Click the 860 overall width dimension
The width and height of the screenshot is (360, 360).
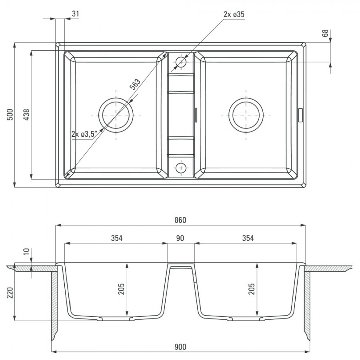[180, 220]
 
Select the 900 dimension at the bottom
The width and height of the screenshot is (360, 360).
[180, 347]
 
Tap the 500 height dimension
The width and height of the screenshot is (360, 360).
[10, 114]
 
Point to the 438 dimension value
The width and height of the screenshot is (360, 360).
[27, 114]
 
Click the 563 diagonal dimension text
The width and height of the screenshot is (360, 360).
[135, 84]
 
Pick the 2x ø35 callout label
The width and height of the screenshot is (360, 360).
[234, 14]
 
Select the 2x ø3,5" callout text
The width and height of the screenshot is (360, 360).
[84, 134]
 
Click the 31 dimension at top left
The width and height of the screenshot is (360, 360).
[75, 14]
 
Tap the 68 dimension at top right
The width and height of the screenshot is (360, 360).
[325, 33]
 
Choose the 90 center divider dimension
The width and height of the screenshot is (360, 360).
[180, 238]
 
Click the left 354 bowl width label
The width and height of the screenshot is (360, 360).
[117, 238]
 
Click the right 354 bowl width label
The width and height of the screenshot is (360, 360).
[248, 238]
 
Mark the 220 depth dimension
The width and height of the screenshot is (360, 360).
[10, 293]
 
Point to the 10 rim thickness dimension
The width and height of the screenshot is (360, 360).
[27, 252]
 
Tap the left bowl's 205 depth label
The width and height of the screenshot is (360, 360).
[121, 289]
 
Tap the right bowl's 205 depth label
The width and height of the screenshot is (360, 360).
[252, 289]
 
